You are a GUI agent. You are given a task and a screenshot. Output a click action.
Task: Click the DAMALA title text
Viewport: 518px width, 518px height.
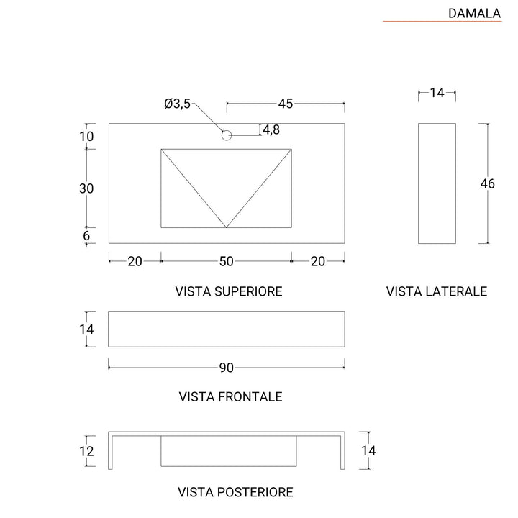click(474, 12)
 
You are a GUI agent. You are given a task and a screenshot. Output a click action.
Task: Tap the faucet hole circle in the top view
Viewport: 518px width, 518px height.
click(227, 135)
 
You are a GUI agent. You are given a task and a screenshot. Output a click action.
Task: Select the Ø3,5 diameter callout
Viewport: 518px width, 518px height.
click(177, 104)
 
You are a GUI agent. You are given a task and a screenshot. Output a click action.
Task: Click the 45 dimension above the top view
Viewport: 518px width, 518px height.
click(286, 104)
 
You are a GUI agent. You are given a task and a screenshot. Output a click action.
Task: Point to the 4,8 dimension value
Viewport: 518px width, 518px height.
click(271, 129)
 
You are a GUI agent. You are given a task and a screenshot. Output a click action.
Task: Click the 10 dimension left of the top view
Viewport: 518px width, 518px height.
click(87, 137)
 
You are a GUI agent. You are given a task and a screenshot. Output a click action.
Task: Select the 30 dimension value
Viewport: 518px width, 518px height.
click(87, 188)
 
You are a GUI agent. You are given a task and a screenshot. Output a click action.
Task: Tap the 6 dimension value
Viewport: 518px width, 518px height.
click(87, 235)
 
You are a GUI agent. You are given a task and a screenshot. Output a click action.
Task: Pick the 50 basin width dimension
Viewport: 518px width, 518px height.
click(226, 262)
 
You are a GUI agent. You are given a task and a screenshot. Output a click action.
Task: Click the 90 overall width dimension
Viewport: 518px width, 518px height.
click(226, 368)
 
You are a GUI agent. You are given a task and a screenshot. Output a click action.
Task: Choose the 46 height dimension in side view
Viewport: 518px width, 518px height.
click(488, 183)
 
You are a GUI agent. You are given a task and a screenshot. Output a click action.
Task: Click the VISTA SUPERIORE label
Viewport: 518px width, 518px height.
click(229, 291)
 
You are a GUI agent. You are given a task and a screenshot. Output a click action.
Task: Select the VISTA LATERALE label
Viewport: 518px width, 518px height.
click(437, 291)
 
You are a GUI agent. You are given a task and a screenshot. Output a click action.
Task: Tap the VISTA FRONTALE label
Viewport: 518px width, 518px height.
click(229, 396)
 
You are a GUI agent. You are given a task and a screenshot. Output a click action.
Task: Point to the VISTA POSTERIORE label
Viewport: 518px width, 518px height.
click(235, 492)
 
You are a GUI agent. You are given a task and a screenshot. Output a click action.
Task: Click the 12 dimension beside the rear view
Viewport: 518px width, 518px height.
click(87, 452)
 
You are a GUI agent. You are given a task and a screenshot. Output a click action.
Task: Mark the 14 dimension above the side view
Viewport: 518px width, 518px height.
click(437, 92)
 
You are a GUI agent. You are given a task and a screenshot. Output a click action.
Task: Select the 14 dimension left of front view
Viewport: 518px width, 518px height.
click(87, 329)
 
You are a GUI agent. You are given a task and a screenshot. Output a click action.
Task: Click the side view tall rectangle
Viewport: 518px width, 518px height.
click(437, 183)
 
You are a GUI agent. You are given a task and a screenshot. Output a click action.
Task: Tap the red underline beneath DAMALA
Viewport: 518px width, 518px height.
click(441, 22)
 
